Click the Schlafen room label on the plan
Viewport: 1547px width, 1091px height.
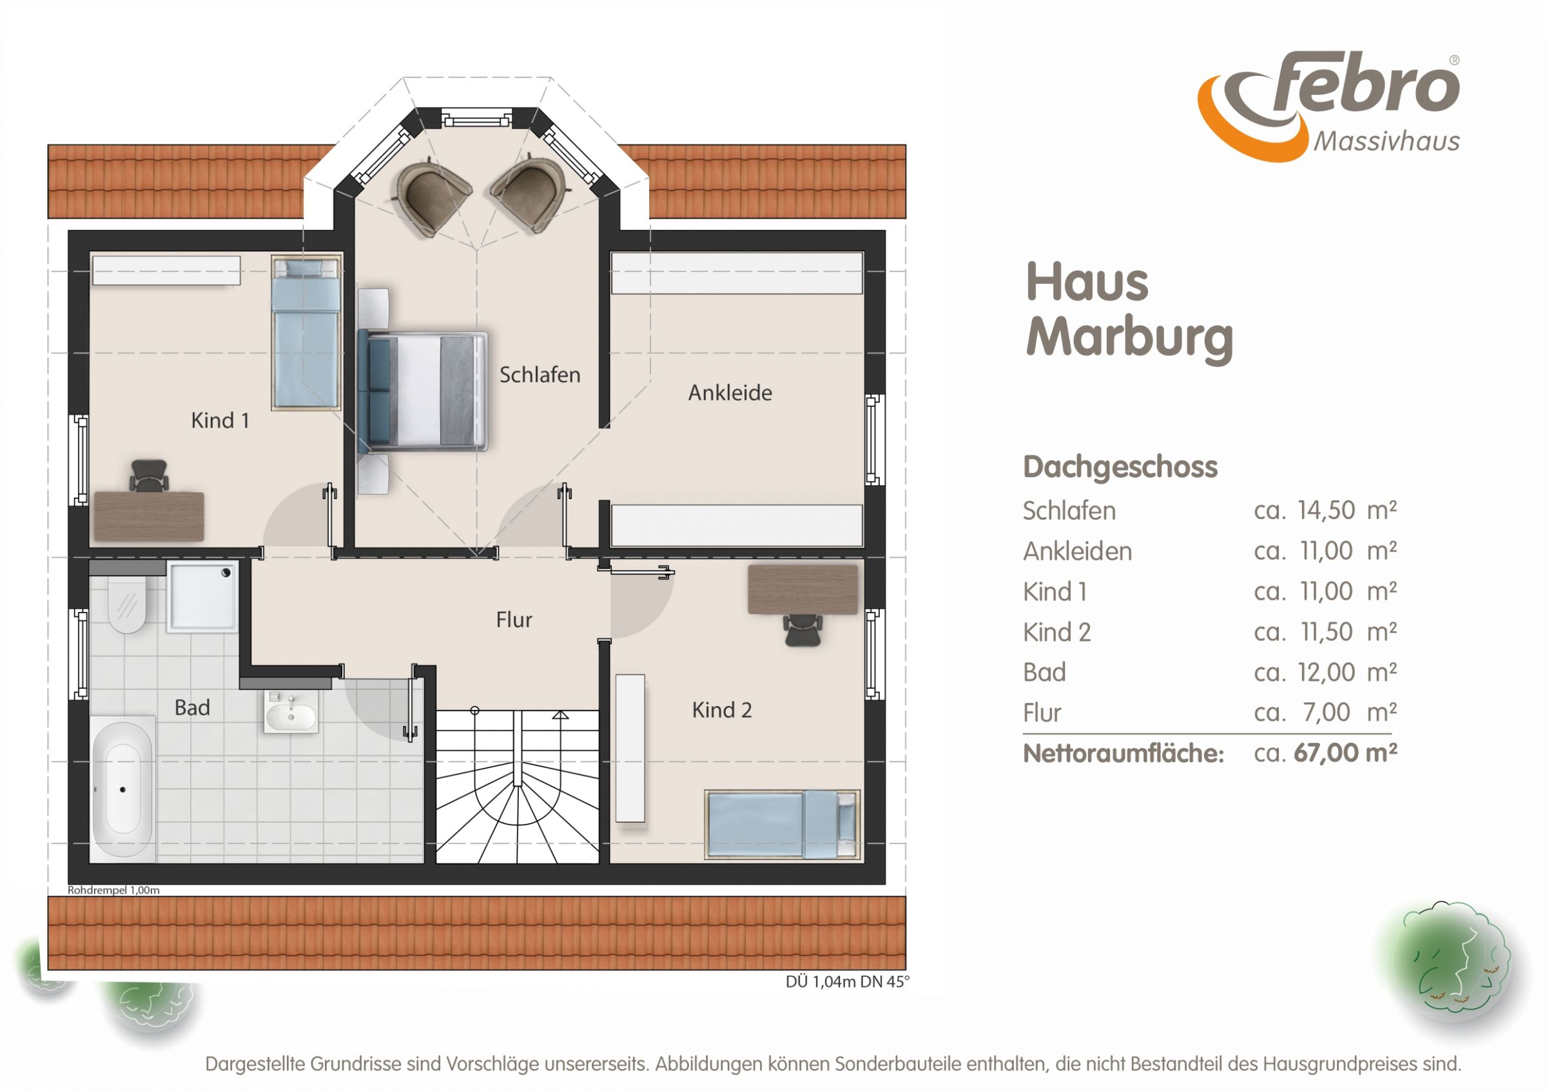click(540, 375)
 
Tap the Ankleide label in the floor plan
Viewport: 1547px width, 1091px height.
click(730, 393)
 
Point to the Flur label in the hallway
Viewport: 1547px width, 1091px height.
click(514, 620)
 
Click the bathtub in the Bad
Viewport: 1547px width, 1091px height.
click(122, 789)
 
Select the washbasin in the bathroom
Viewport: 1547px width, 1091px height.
click(291, 713)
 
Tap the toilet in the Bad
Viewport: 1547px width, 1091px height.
click(128, 604)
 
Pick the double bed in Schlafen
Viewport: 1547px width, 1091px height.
click(422, 391)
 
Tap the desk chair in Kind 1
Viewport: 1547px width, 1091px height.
click(149, 475)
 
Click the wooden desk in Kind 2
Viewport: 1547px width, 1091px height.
click(803, 589)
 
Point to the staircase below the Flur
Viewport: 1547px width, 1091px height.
click(518, 787)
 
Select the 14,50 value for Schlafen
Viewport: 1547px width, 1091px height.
click(1326, 510)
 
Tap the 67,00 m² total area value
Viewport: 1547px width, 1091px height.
click(1345, 752)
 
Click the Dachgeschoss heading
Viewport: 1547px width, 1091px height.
click(1120, 467)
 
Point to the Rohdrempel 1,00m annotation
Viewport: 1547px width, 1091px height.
click(113, 890)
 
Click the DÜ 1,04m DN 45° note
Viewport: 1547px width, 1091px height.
click(847, 982)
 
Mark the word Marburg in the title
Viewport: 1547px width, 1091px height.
click(1129, 339)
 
